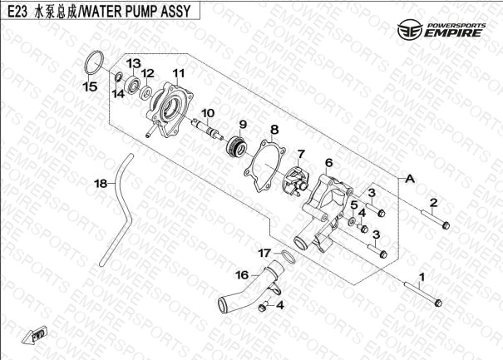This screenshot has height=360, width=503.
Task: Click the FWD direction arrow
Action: (34, 336)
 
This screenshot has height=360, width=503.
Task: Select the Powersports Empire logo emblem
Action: (410, 30)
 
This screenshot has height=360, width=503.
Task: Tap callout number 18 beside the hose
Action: (101, 184)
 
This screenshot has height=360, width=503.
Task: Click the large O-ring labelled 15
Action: (94, 62)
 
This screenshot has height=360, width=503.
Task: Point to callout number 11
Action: (179, 73)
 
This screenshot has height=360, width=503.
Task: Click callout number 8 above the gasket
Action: (274, 130)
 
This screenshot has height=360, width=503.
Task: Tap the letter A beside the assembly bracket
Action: (410, 179)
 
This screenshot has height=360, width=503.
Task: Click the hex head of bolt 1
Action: (438, 303)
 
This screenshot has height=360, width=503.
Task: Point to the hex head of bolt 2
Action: (446, 226)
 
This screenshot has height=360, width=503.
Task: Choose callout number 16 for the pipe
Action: (242, 275)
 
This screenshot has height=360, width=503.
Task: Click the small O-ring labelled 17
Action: (288, 256)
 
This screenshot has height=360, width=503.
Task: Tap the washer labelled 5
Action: (353, 221)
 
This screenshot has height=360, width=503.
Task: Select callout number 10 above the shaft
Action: (208, 113)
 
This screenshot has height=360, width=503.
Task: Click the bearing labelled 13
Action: (133, 85)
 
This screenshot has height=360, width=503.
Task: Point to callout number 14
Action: (118, 94)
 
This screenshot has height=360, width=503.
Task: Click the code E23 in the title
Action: (20, 12)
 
